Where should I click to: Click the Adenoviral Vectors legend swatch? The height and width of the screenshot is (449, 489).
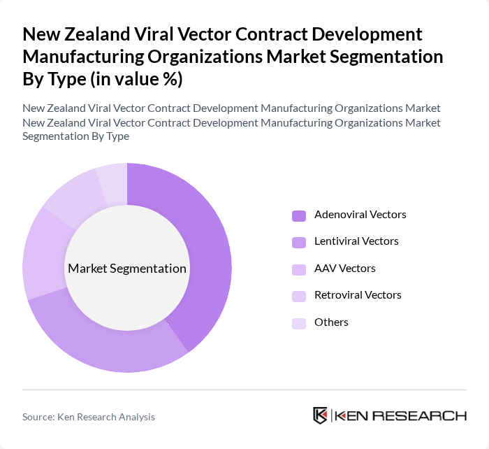(299, 215)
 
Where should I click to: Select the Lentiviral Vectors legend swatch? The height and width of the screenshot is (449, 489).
(299, 242)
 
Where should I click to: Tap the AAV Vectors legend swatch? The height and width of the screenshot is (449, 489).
(299, 269)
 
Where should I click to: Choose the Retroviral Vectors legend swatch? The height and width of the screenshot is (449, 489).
(299, 296)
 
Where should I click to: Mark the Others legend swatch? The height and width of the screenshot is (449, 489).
(299, 323)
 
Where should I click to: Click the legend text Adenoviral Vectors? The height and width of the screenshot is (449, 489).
(360, 215)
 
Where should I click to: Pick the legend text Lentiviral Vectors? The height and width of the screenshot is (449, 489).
(356, 241)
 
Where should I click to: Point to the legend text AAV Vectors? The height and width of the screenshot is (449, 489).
(344, 269)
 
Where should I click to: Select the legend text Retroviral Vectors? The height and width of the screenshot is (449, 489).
(358, 295)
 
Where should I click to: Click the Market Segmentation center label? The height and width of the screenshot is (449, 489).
(127, 269)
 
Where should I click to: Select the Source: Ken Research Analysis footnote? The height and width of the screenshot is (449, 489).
(89, 417)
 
